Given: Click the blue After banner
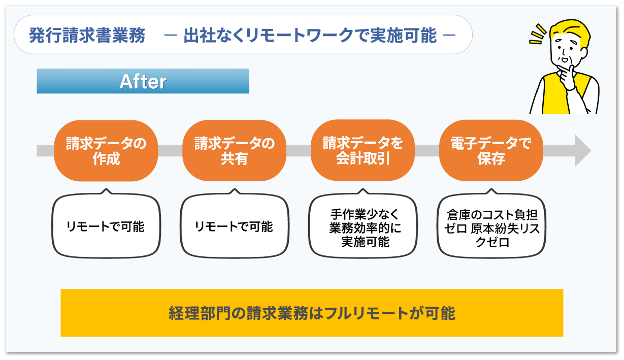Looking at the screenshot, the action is [x=143, y=81].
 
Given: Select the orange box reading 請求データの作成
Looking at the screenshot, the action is [x=106, y=151].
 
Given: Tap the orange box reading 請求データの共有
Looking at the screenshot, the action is [x=234, y=151].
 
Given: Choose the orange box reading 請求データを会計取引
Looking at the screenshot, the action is [x=363, y=150].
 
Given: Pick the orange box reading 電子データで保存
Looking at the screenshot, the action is [x=491, y=151].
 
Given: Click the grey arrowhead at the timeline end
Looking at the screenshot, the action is [x=583, y=151].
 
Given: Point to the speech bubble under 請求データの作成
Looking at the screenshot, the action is [x=106, y=224].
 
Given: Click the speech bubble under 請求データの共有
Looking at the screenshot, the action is [x=235, y=224].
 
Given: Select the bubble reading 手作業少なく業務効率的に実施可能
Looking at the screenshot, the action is [x=363, y=224].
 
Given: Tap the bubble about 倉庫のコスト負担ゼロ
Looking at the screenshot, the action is [x=491, y=224].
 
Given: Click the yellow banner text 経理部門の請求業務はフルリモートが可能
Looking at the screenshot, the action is [x=312, y=313].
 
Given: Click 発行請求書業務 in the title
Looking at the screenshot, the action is [x=87, y=35].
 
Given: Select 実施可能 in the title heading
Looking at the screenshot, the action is [x=403, y=35].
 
